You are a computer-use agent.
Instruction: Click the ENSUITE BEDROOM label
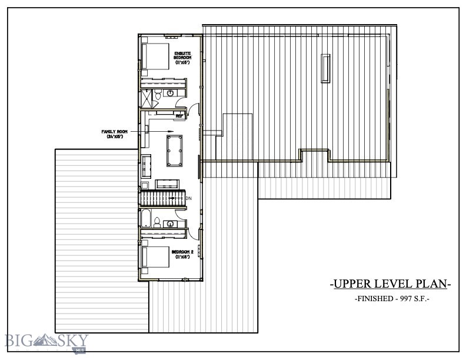[182, 57]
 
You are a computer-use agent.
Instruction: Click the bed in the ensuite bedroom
[154, 57]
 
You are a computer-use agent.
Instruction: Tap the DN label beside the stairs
[189, 198]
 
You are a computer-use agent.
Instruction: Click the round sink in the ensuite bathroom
[169, 94]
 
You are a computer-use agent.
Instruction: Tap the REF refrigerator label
[179, 116]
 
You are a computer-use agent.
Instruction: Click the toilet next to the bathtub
[158, 222]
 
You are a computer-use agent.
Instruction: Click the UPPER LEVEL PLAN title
[390, 284]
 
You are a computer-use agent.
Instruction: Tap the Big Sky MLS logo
[46, 341]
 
